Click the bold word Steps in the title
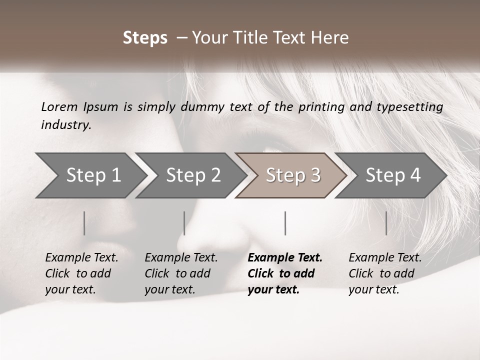click(145, 38)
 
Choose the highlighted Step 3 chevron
click(293, 175)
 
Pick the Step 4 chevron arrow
click(393, 175)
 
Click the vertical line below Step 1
click(84, 223)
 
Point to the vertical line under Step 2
click(184, 223)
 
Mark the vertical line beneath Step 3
click(285, 223)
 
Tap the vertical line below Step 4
click(386, 223)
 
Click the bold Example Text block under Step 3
click(285, 273)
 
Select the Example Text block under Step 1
click(81, 273)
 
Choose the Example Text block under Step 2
click(181, 273)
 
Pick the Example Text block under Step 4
click(385, 273)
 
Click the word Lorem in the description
click(59, 106)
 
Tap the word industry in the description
click(66, 125)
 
